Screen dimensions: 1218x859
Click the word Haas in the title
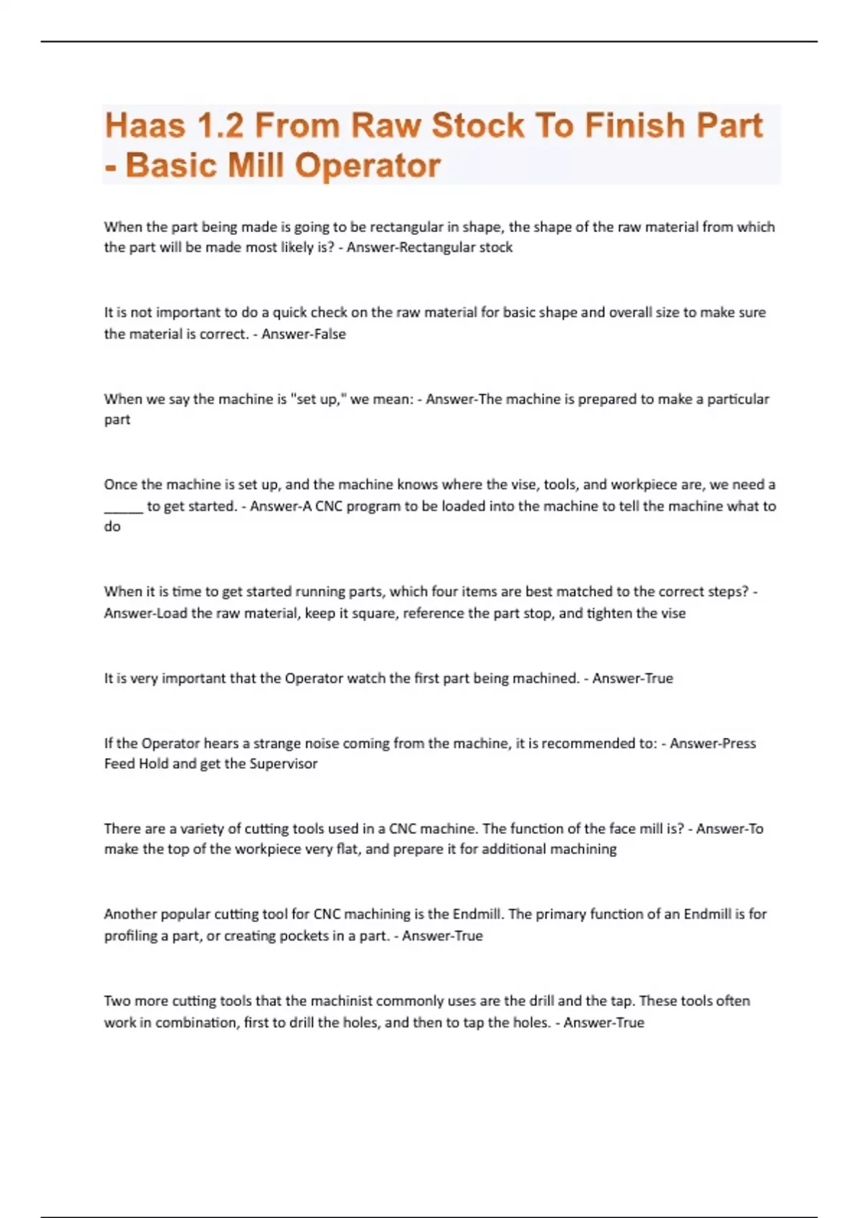tap(145, 125)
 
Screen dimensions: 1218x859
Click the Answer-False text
tap(304, 334)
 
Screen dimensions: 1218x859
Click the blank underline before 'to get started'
tap(123, 507)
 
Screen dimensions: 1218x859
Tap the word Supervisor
tap(283, 764)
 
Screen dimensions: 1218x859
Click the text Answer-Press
tap(712, 743)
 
